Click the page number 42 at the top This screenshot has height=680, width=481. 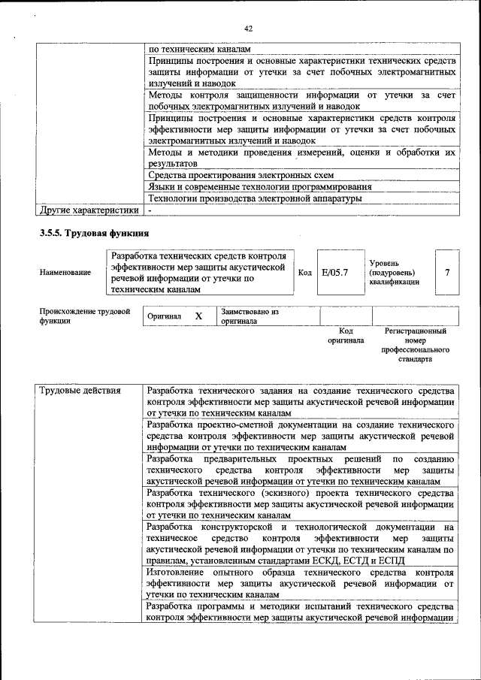pos(247,28)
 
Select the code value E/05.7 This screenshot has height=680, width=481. pos(334,273)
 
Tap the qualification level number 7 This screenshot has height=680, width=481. pos(448,273)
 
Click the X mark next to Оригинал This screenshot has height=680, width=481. pos(198,316)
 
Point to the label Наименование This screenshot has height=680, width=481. pos(65,274)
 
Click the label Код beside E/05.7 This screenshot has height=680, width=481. pos(305,273)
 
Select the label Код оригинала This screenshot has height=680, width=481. pos(346,335)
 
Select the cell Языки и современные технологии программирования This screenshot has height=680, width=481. pos(259,187)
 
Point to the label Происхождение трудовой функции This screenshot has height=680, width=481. pos(84,316)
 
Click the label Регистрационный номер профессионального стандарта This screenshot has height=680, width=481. pos(415,345)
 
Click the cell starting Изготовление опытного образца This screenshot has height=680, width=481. pos(301,582)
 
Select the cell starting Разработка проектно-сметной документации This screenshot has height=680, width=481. pos(301,436)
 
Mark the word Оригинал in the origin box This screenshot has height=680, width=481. pos(165,316)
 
